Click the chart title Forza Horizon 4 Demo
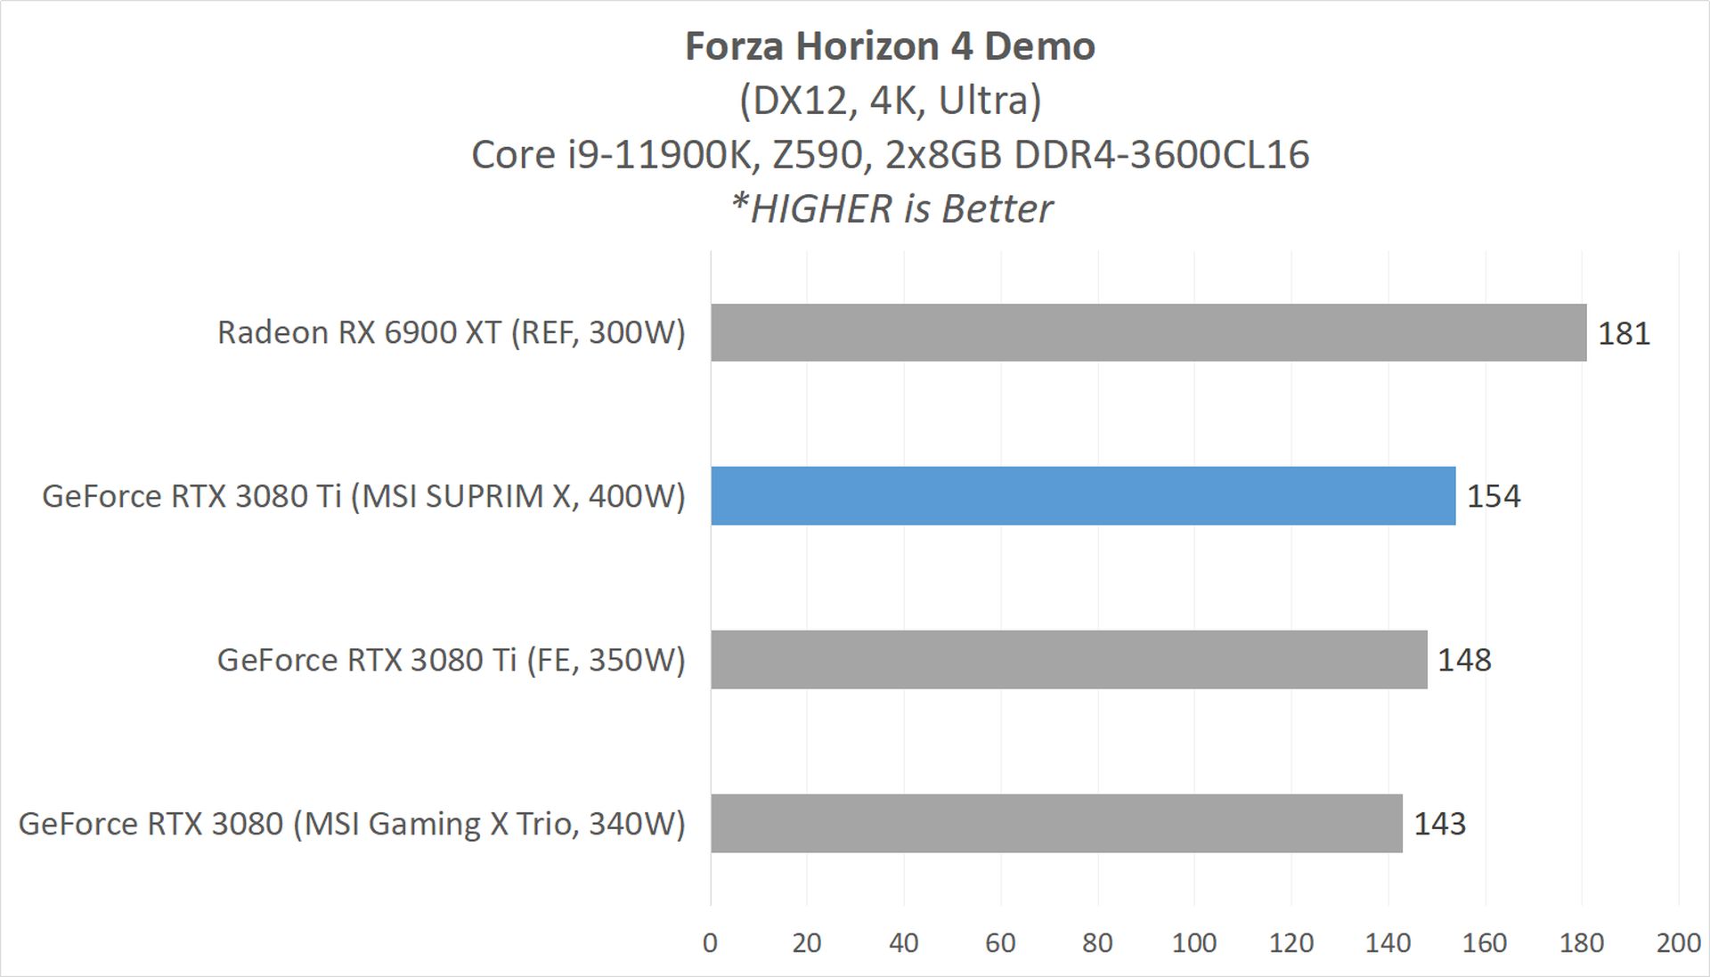coord(890,46)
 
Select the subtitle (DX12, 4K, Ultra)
coord(890,101)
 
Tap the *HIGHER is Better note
coord(892,209)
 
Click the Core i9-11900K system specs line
coord(890,155)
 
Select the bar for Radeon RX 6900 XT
coord(1148,332)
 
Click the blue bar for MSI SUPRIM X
coord(1083,496)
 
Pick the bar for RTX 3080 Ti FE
coord(1069,660)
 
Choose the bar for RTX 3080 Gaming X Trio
coord(1056,824)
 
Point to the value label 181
coord(1624,333)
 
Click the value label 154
coord(1494,496)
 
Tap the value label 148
coord(1464,660)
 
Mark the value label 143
coord(1439,824)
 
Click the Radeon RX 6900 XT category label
coord(452,332)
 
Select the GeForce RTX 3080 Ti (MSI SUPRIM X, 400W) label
coord(363,496)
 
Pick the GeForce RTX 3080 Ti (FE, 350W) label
coord(452,660)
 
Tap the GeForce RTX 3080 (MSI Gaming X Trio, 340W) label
coord(352,824)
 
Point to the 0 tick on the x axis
coord(710,943)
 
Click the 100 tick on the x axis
coord(1194,943)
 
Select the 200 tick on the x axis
coord(1678,943)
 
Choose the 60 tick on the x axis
coord(1000,943)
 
